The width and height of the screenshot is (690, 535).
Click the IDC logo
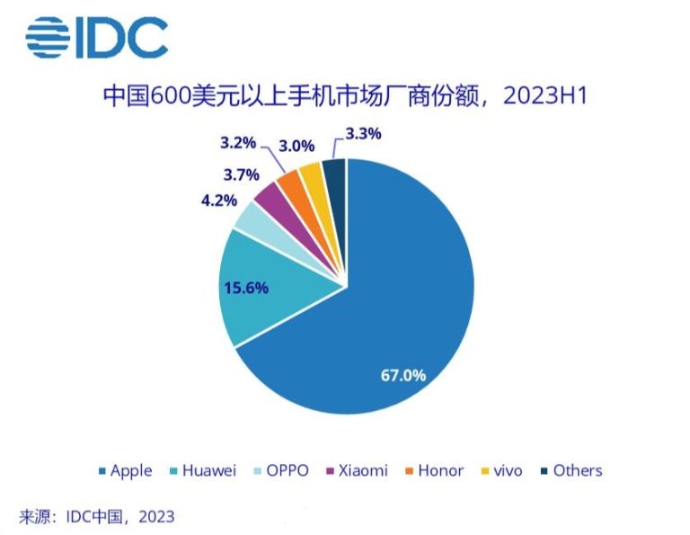[97, 37]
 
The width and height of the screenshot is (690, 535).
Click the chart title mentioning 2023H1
[345, 96]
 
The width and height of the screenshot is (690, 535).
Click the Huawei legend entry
[203, 470]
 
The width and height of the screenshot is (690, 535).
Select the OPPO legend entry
[281, 470]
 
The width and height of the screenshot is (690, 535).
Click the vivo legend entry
[501, 470]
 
